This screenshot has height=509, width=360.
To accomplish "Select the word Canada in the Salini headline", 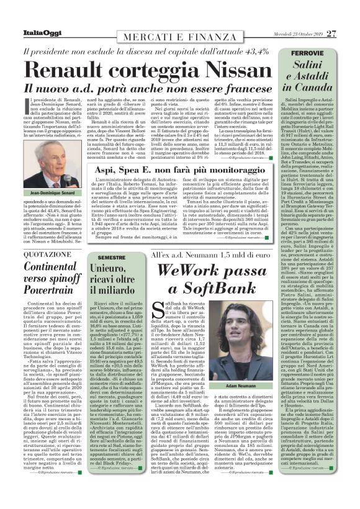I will point(308,88).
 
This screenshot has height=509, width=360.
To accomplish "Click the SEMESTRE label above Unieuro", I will point(111,256).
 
